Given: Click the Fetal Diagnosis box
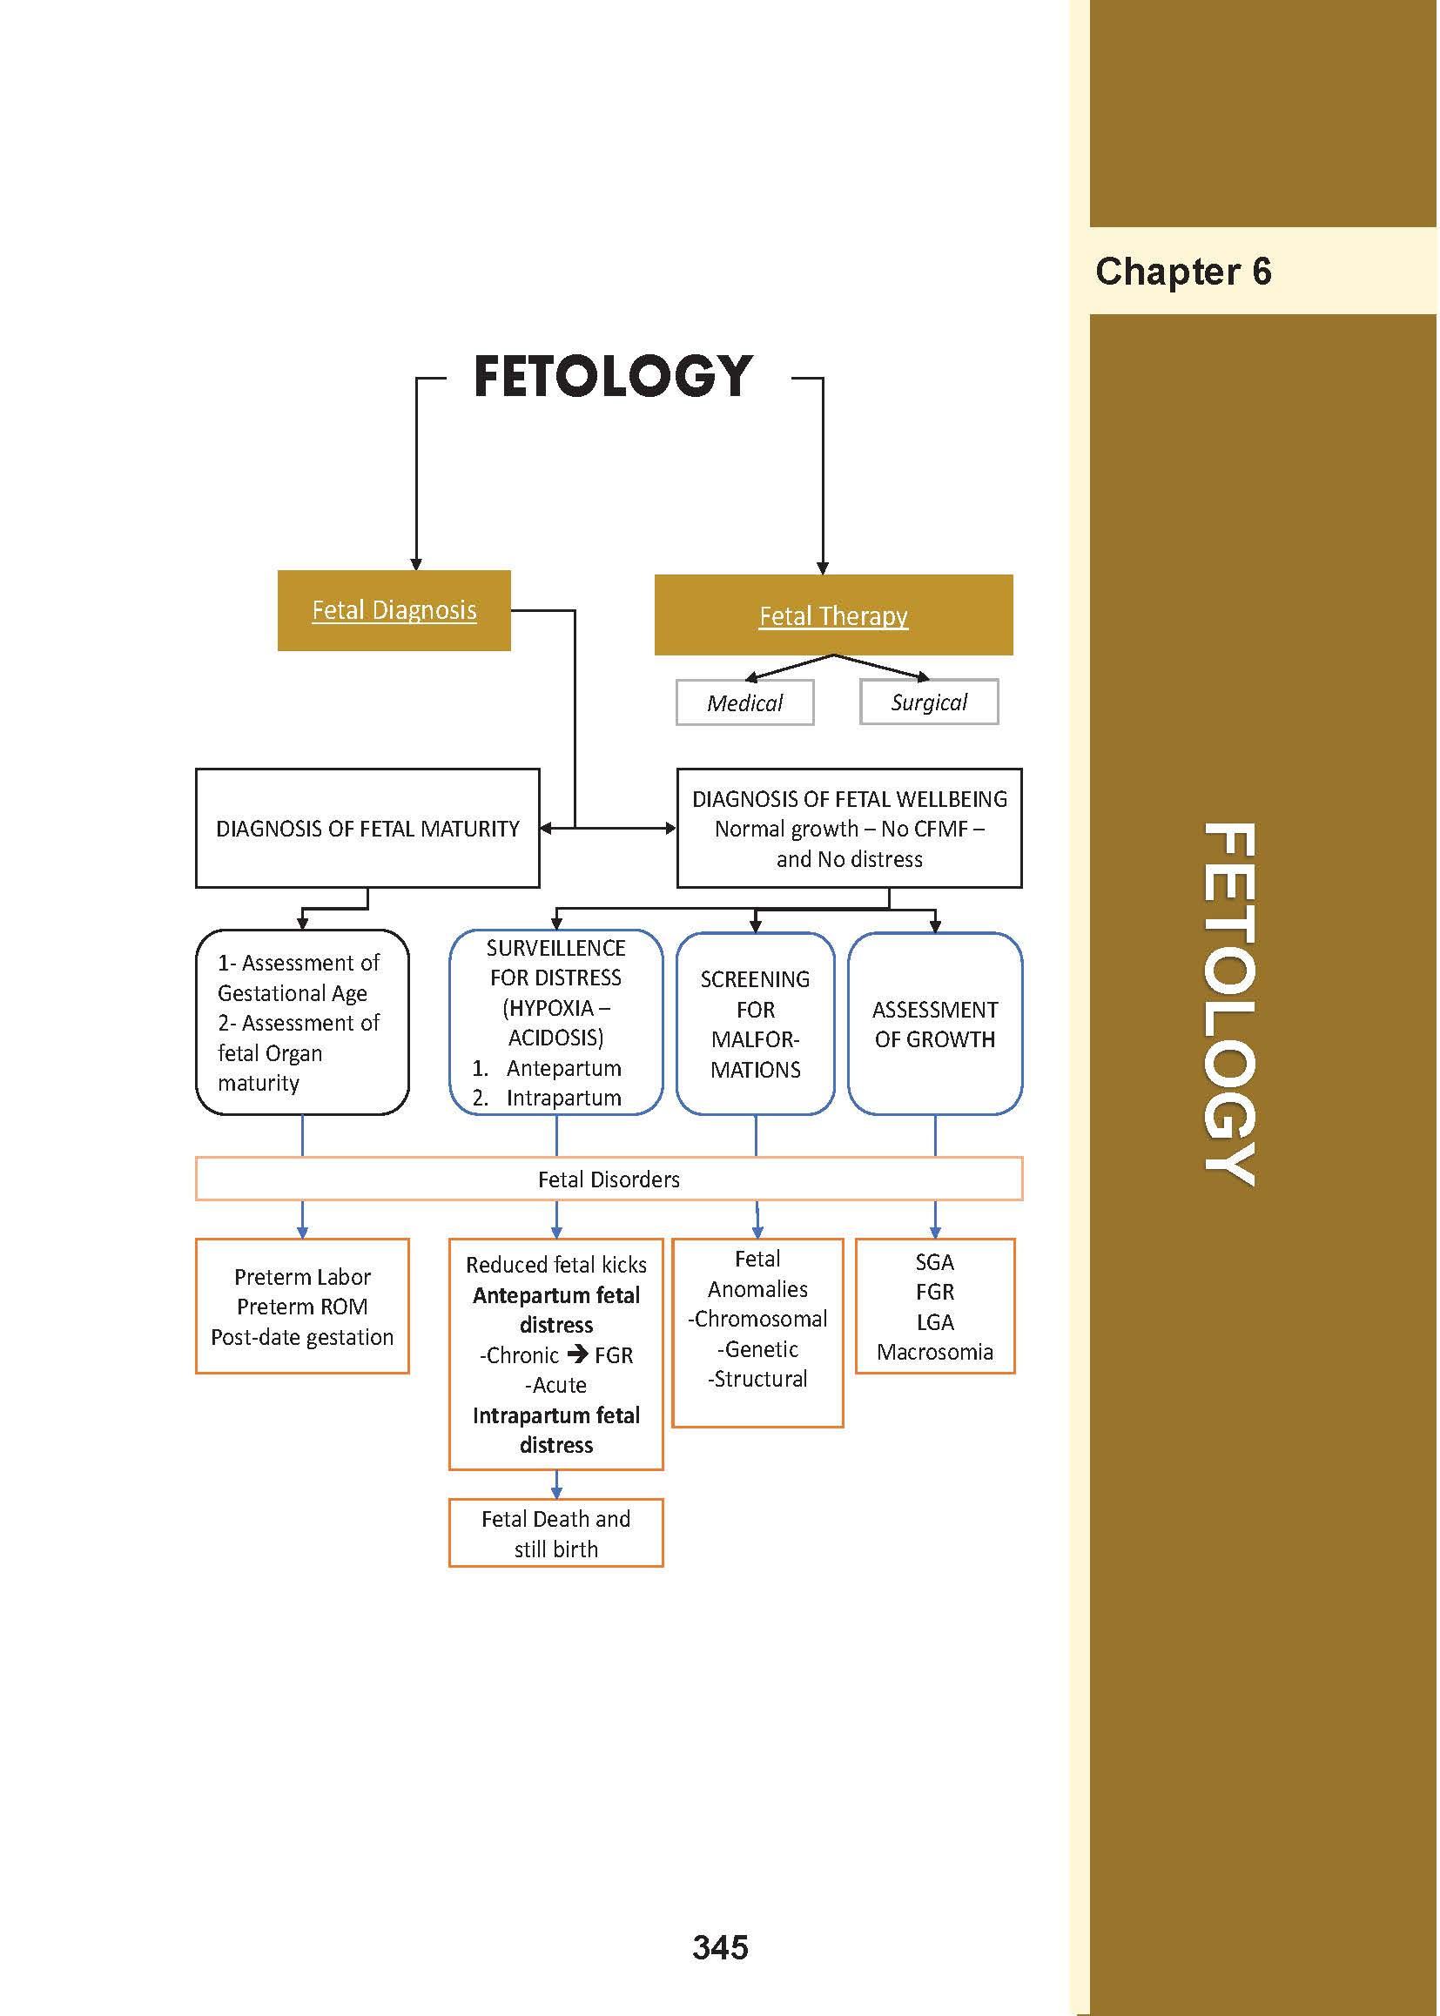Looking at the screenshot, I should pos(394,610).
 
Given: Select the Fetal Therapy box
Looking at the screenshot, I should pos(832,615).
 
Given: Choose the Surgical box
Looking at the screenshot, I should pos(928,702).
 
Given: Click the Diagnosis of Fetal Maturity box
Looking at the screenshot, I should pos(367,828).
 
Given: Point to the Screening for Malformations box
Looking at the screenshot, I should pos(755,1024).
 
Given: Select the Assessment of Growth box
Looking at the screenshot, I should pos(934,1024).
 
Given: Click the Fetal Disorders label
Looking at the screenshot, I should pos(609,1179).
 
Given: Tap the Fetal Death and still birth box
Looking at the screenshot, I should pos(556,1534).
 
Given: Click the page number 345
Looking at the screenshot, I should pos(720,1948).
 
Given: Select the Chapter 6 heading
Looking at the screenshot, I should pos(1183,272).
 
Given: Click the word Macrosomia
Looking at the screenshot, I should pos(934,1352).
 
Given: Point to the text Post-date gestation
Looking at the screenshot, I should pos(302,1337).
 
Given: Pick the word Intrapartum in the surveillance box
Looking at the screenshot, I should pos(563,1098).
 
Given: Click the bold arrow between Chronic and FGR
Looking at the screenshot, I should pos(577,1354).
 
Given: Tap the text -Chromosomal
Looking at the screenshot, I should pos(757,1319).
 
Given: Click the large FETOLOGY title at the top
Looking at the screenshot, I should pos(613,376).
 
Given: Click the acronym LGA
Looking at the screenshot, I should pos(934,1322).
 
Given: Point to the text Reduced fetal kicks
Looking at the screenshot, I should pos(556,1265).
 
